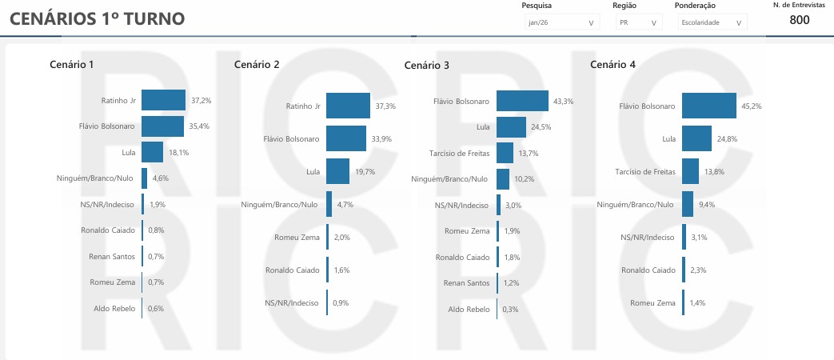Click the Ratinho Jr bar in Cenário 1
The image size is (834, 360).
[x=163, y=101]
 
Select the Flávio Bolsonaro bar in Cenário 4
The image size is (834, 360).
[x=709, y=106]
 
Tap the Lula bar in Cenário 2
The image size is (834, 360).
[x=337, y=171]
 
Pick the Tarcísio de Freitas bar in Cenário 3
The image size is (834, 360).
[x=505, y=152]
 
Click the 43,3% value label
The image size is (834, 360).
[x=563, y=102]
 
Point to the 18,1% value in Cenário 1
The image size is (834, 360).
[x=178, y=152]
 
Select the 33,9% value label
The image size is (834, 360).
[x=381, y=138]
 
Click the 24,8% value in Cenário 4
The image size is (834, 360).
[x=726, y=139]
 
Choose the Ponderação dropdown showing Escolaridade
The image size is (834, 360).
[x=713, y=23]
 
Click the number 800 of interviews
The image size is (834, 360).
[x=800, y=20]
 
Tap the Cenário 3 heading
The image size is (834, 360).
[x=427, y=65]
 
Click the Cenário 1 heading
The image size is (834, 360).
[x=72, y=64]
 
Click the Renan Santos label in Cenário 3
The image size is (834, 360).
[x=467, y=282]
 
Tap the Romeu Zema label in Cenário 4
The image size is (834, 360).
[x=652, y=303]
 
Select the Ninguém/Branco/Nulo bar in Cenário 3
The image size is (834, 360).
[x=503, y=178]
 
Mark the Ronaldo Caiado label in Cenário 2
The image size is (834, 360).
[x=292, y=270]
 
